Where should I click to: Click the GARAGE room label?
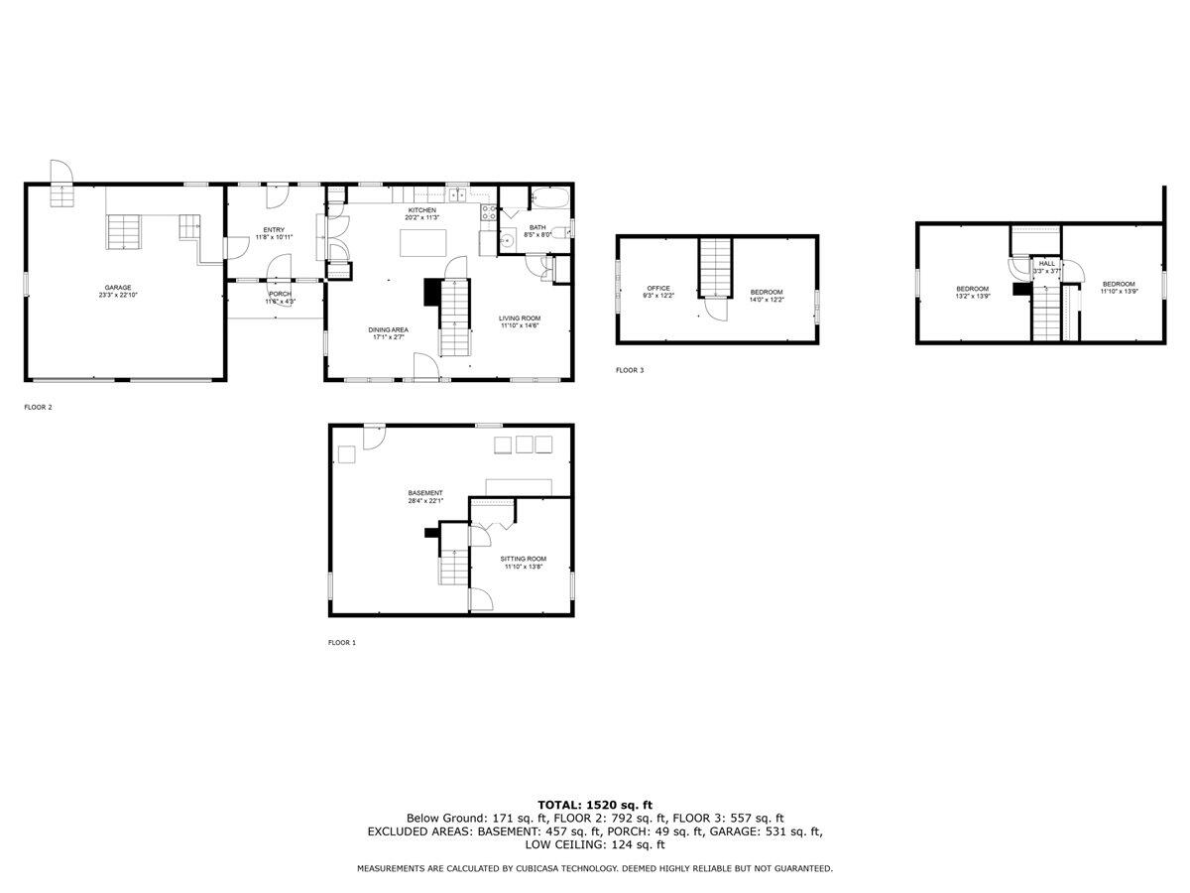pos(119,288)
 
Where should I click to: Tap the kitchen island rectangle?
pos(421,242)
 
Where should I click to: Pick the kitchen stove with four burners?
pos(488,210)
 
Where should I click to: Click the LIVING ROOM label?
pos(520,319)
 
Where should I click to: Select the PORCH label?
pos(280,294)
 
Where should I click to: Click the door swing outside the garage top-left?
pos(59,173)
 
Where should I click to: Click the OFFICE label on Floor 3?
pos(658,289)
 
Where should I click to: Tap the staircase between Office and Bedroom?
pos(715,267)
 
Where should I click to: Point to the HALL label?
pos(1046,264)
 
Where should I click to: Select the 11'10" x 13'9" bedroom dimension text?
pos(1117,292)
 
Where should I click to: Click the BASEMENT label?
pos(425,493)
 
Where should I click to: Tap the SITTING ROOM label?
pos(523,559)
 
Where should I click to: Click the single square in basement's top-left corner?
pos(346,453)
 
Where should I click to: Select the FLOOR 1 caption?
pos(341,643)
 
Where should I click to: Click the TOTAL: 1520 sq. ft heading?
pos(594,805)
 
